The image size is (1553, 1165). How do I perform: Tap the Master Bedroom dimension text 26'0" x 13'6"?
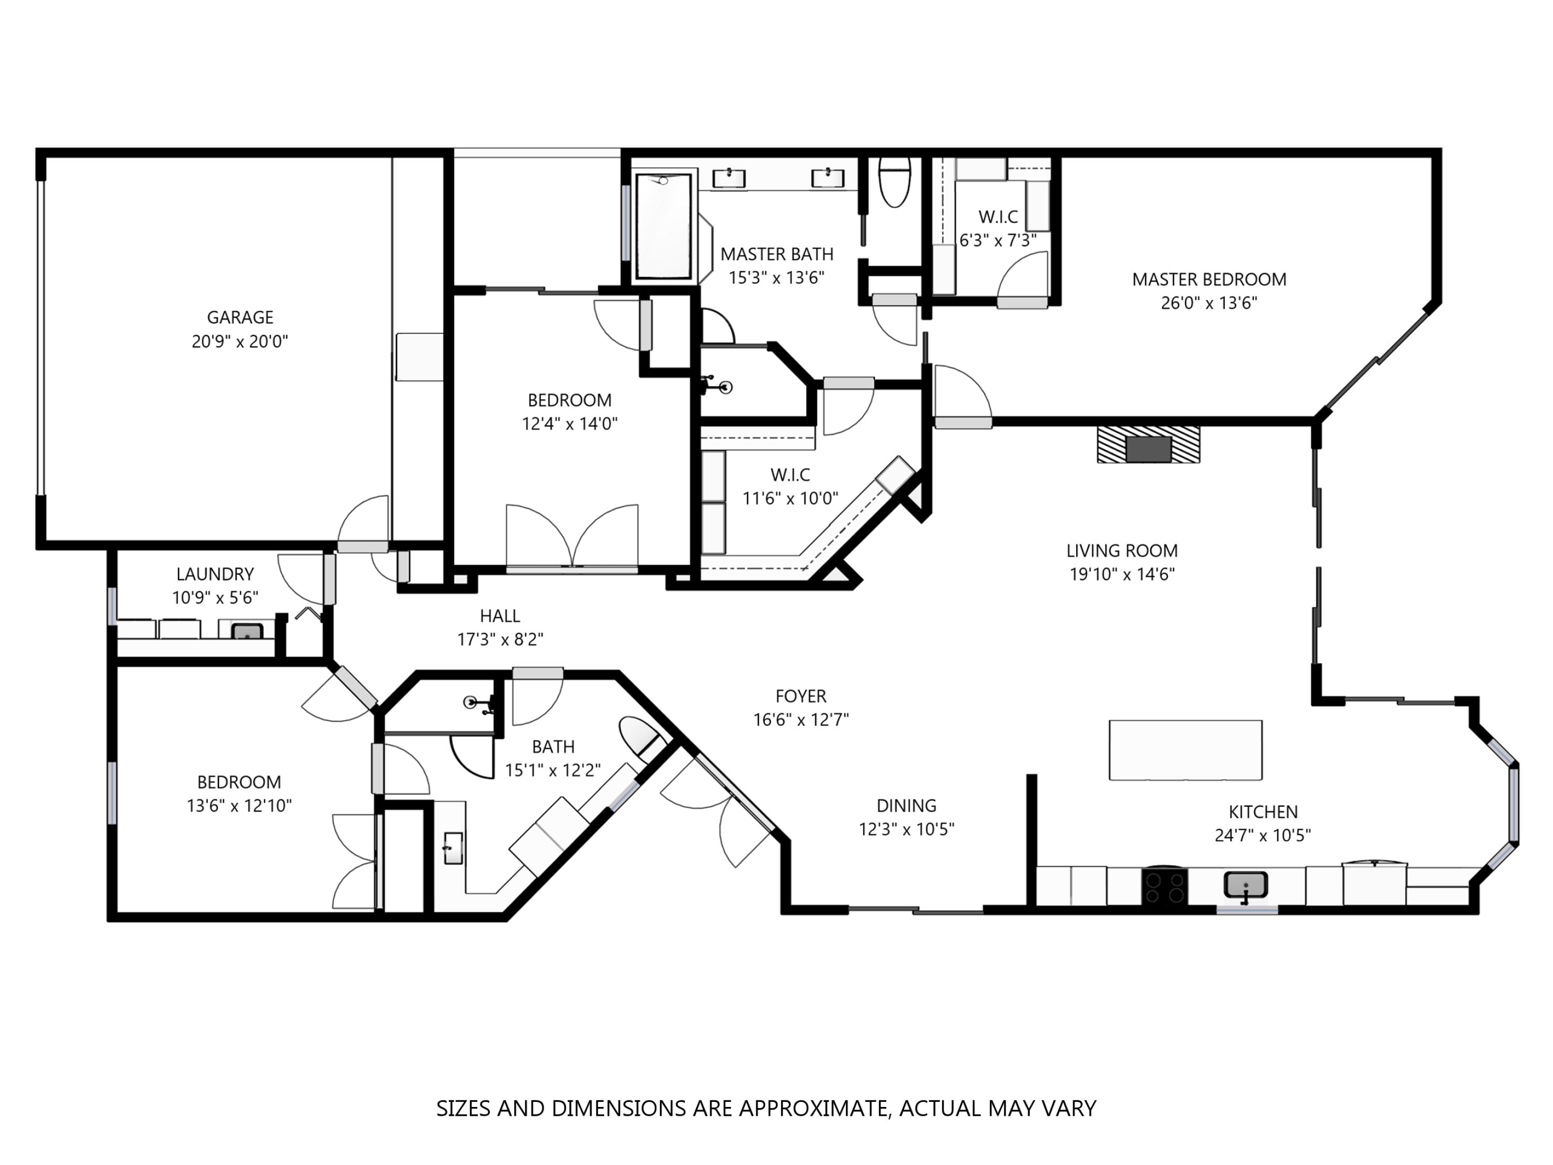pyautogui.click(x=1208, y=303)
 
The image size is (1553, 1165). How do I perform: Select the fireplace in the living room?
pyautogui.click(x=1149, y=444)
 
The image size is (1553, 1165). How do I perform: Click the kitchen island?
pyautogui.click(x=1185, y=750)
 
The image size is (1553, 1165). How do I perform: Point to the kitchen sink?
pyautogui.click(x=1246, y=885)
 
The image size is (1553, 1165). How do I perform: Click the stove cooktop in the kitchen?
pyautogui.click(x=1164, y=887)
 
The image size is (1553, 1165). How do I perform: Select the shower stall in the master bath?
pyautogui.click(x=664, y=226)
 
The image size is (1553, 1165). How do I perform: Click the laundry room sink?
pyautogui.click(x=247, y=631)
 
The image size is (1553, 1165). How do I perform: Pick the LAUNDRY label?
pyautogui.click(x=215, y=574)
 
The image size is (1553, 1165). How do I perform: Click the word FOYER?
pyautogui.click(x=801, y=696)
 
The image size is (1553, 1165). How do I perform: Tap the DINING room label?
pyautogui.click(x=906, y=806)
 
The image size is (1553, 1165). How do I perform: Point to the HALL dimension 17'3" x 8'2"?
pyautogui.click(x=500, y=639)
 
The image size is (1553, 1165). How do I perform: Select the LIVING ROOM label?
pyautogui.click(x=1122, y=550)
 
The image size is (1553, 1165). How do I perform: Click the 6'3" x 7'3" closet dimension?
pyautogui.click(x=998, y=240)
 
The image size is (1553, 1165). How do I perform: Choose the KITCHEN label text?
pyautogui.click(x=1263, y=812)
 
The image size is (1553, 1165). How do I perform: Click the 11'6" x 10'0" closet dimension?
pyautogui.click(x=790, y=498)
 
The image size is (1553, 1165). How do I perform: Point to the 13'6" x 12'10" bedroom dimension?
pyautogui.click(x=239, y=806)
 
